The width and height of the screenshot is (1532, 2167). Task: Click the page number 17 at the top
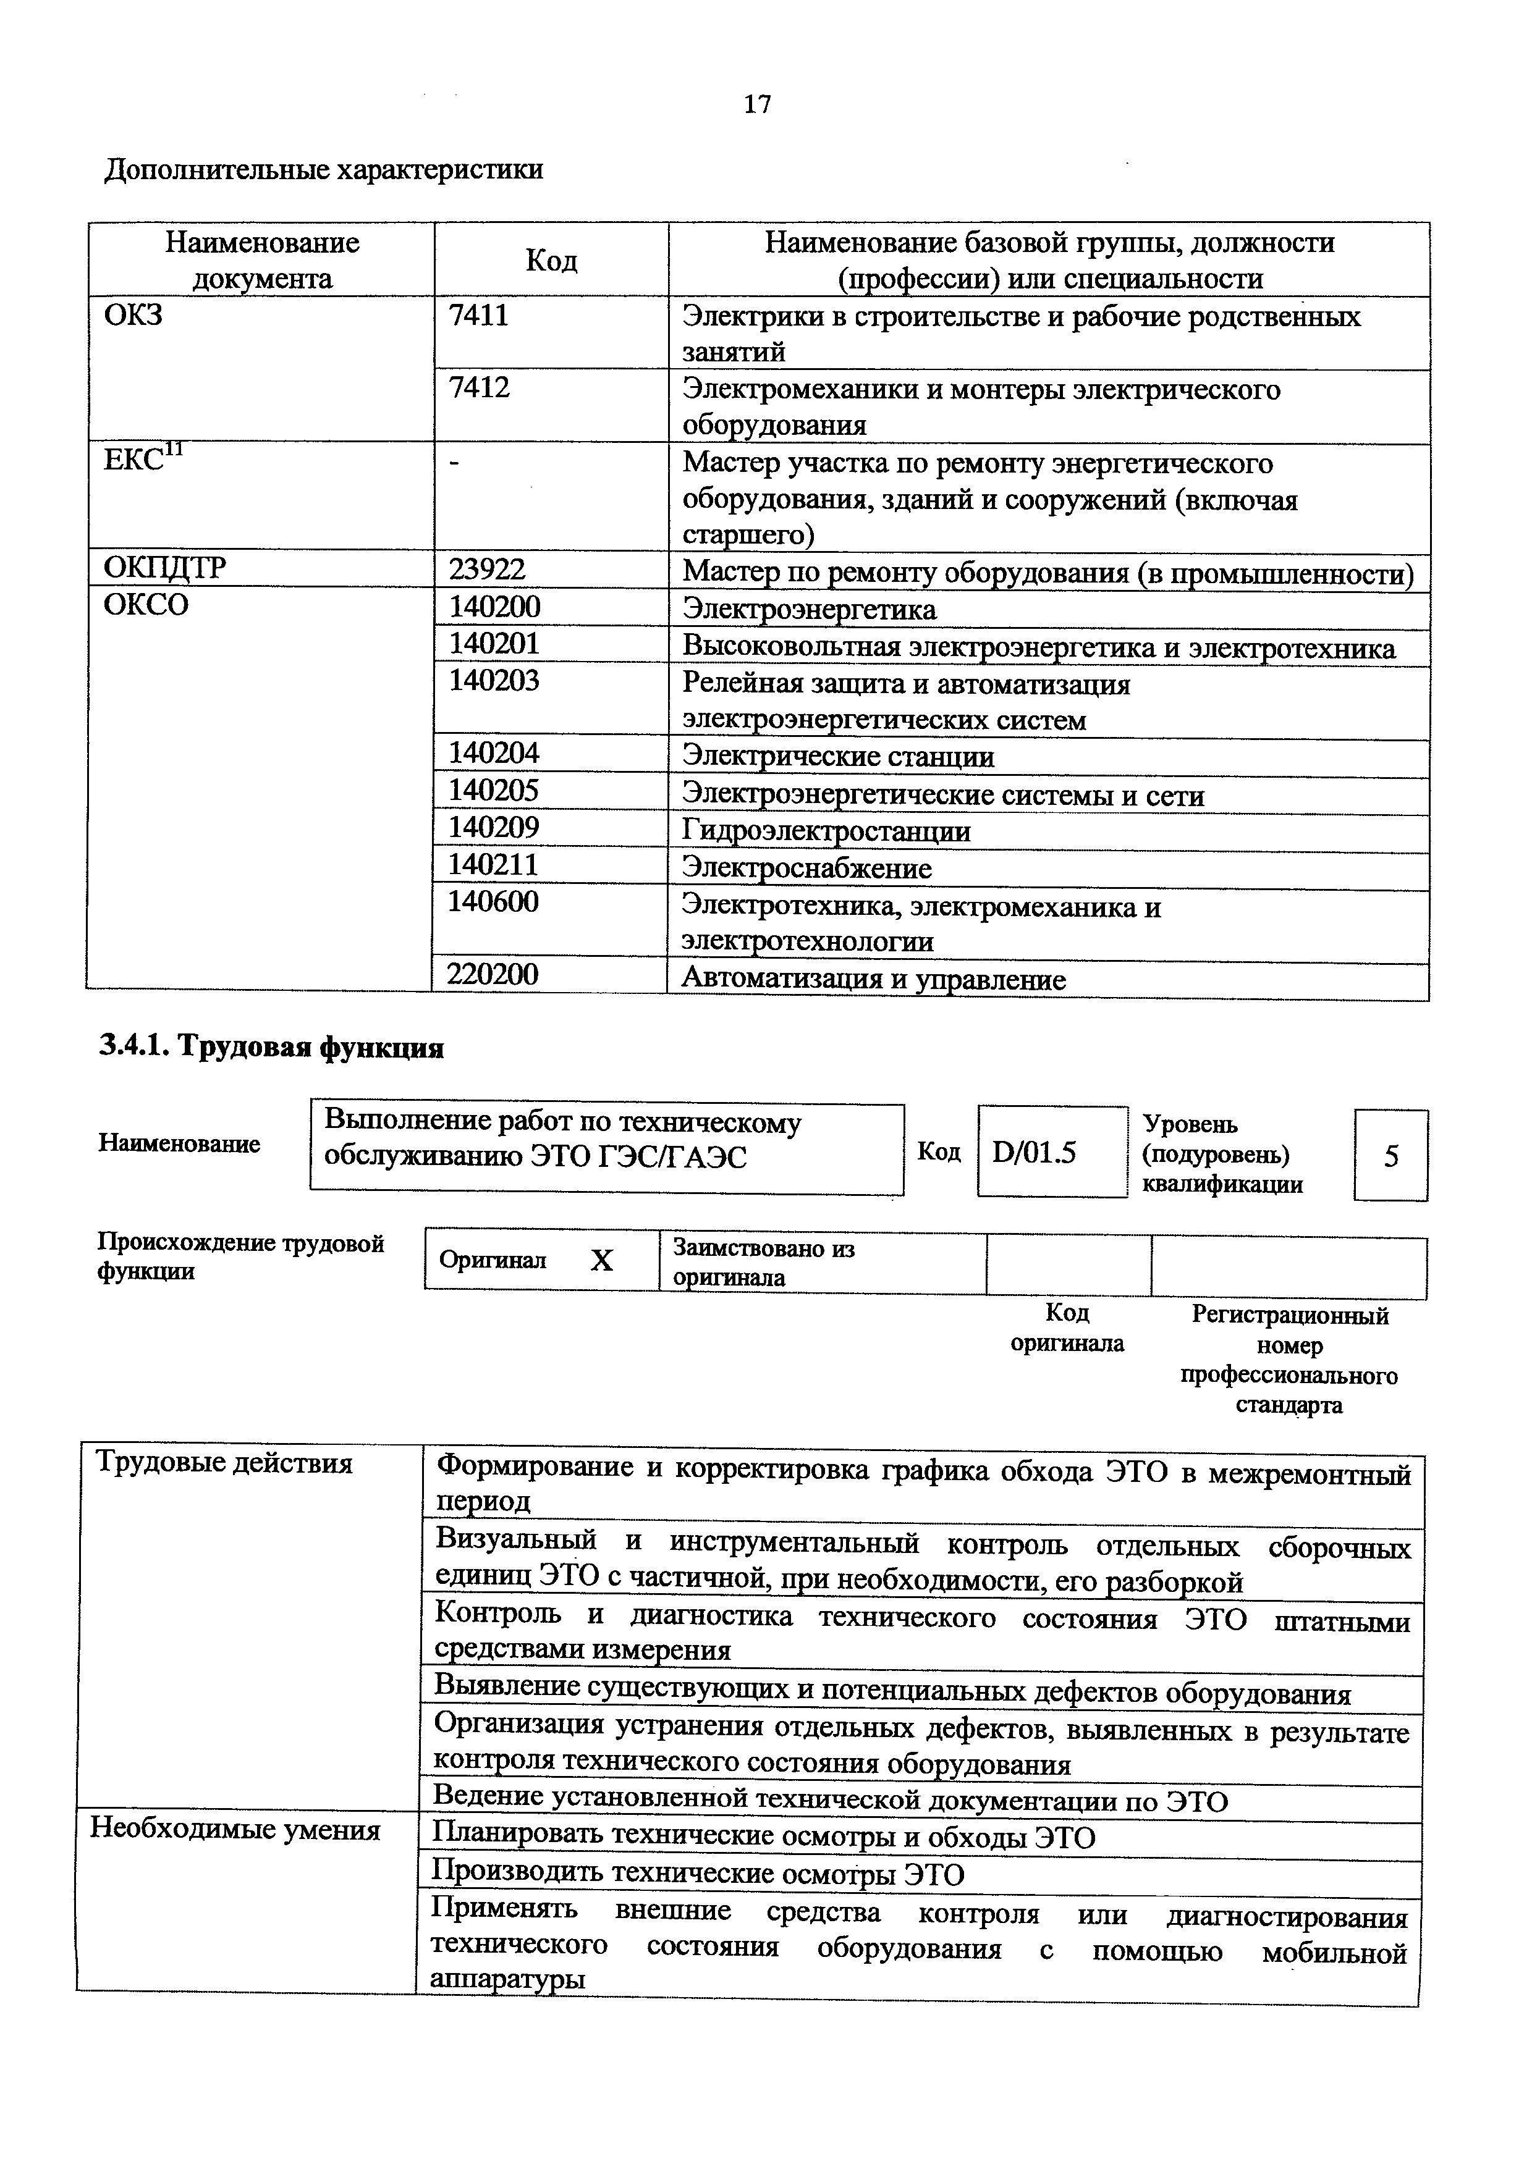757,104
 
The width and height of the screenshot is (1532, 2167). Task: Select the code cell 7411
478,314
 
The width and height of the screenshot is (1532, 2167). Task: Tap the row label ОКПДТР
165,568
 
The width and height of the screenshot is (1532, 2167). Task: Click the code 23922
487,569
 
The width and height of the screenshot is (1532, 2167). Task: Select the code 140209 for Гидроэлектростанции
494,828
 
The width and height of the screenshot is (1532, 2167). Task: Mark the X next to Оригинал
601,1261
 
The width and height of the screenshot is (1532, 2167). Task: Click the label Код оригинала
1068,1328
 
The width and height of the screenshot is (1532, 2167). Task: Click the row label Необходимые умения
235,1830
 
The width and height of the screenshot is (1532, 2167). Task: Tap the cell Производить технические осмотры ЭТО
698,1874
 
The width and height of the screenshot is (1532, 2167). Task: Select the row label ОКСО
146,604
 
